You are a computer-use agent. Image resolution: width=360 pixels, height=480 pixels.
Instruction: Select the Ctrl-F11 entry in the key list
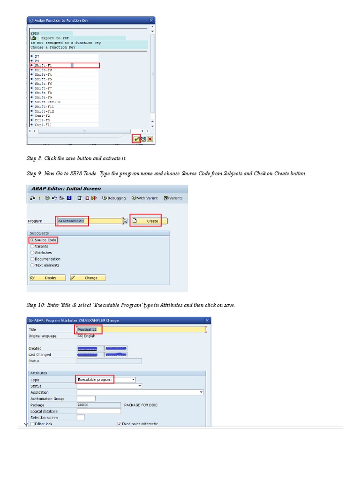(x=43, y=125)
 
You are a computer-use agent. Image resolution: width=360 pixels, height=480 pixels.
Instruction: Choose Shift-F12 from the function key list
(x=44, y=111)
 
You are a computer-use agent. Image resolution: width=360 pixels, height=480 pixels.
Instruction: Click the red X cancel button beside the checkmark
(x=150, y=139)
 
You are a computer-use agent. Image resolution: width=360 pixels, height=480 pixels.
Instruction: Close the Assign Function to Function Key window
(x=151, y=21)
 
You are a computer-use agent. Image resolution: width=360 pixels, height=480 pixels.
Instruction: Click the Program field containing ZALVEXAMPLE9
(x=89, y=221)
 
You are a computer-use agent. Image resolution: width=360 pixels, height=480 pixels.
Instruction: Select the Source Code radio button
(x=32, y=240)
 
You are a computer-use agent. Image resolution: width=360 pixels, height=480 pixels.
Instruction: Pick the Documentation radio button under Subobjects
(x=32, y=259)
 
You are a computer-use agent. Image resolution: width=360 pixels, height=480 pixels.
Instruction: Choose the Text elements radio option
(x=32, y=265)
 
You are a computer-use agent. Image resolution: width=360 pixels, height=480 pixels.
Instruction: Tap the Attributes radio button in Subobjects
(x=32, y=253)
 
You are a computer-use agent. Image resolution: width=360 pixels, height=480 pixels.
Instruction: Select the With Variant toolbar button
(x=146, y=198)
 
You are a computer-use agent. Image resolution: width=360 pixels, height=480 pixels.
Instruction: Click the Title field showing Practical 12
(x=141, y=330)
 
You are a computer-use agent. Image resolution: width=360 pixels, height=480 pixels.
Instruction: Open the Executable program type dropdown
(x=134, y=380)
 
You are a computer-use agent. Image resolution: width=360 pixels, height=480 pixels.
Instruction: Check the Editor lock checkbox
(x=32, y=424)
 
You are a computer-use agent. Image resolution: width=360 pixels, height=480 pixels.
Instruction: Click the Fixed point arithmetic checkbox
(x=119, y=424)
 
